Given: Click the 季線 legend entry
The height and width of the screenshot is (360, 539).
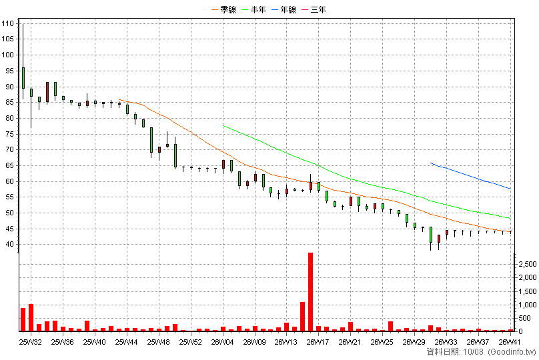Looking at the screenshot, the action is (x=224, y=9).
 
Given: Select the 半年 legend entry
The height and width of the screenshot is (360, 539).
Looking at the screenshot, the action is (x=254, y=9).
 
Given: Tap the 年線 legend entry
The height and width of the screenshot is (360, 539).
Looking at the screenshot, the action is (x=284, y=9).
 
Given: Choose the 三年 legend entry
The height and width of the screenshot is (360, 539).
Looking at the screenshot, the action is (x=314, y=9).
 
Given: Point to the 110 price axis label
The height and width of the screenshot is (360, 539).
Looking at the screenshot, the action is (x=7, y=24).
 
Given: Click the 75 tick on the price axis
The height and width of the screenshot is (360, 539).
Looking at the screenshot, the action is (x=9, y=134).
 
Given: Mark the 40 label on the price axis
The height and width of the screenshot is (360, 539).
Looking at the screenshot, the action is (x=9, y=245).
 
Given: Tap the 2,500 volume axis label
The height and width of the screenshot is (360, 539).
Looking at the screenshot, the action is (x=528, y=264).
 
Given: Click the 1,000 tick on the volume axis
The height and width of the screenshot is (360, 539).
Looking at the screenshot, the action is (x=528, y=305).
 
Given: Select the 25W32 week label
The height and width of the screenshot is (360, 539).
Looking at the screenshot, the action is (x=31, y=342).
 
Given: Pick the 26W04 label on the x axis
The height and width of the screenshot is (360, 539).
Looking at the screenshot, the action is (x=222, y=342).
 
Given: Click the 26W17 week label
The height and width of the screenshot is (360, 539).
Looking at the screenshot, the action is (x=318, y=342).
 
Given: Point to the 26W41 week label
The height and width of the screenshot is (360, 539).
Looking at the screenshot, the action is (x=510, y=342).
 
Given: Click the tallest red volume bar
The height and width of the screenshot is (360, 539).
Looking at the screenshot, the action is (x=310, y=292).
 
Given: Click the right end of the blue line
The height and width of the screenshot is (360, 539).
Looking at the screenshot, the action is (x=510, y=189).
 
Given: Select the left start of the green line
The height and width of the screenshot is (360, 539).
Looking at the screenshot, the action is (x=223, y=126).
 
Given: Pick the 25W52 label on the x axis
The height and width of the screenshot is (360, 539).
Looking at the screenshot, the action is (x=190, y=342).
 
